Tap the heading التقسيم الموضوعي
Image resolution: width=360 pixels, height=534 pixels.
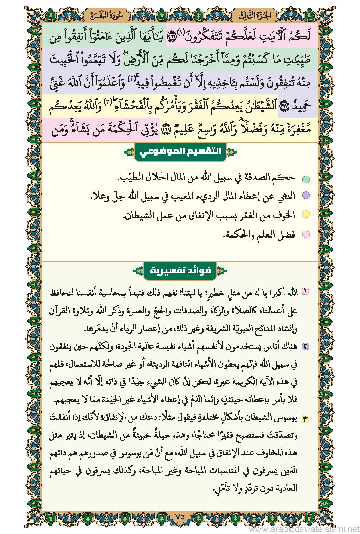point(180,152)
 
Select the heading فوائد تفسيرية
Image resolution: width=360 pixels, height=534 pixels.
point(180,271)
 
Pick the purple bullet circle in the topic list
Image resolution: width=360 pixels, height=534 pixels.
point(306,196)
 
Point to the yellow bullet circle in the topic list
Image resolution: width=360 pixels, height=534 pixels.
point(306,215)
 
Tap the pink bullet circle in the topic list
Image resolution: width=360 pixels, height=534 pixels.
point(306,234)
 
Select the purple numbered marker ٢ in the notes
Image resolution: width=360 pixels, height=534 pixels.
point(306,347)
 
